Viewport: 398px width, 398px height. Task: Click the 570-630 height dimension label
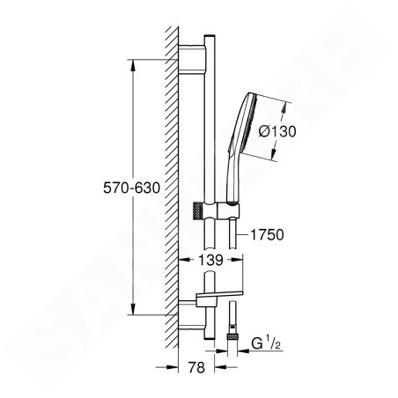(133, 187)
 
